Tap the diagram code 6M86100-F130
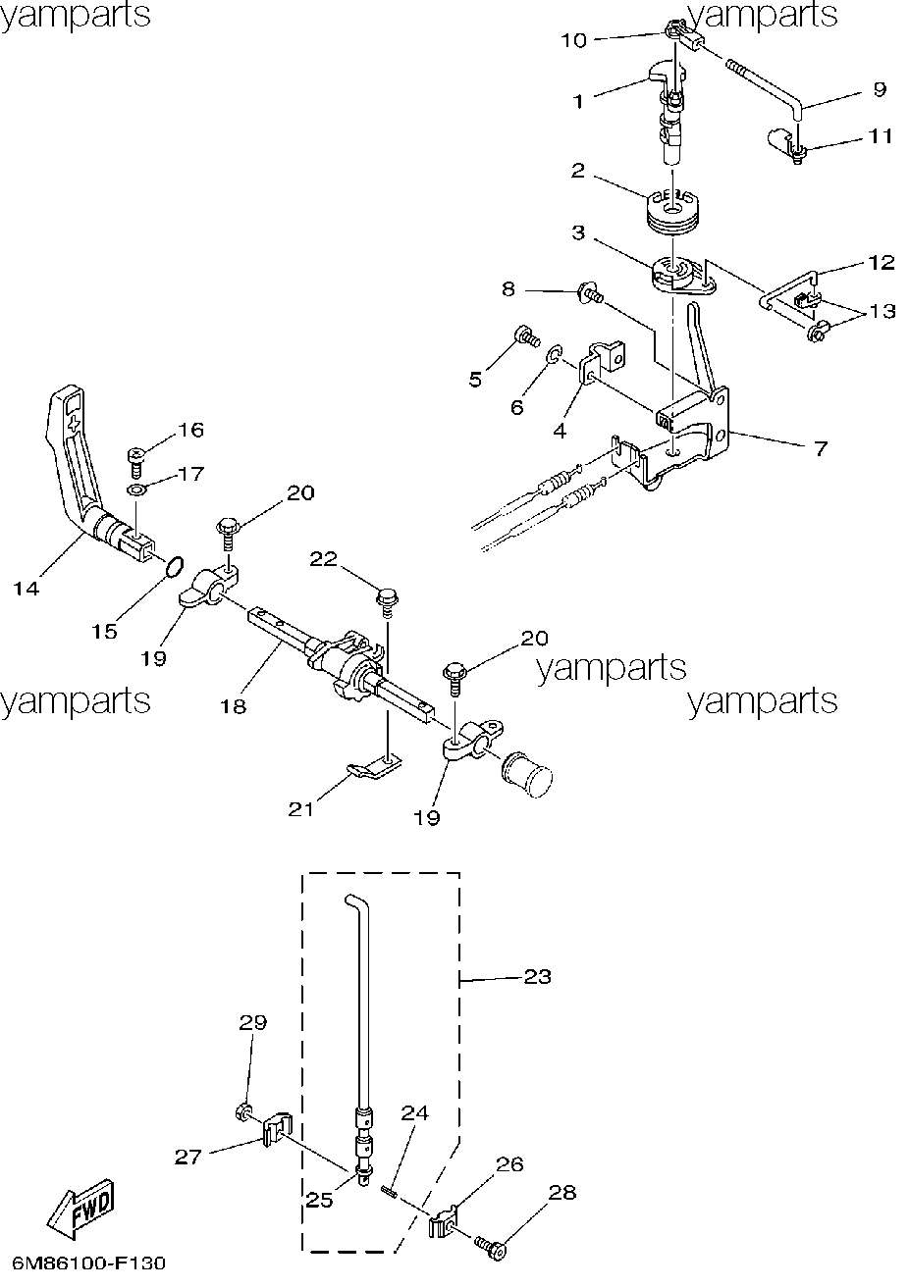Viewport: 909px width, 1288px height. pos(88,1263)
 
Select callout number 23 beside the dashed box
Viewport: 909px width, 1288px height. pos(537,977)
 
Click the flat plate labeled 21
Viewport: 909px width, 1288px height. pos(374,768)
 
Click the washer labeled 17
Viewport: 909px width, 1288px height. pos(136,490)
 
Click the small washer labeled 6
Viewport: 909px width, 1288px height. pos(553,355)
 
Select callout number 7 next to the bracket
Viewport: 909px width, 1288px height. pos(821,447)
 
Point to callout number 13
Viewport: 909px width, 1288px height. pos(882,311)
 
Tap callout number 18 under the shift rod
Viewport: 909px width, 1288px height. pos(234,706)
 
